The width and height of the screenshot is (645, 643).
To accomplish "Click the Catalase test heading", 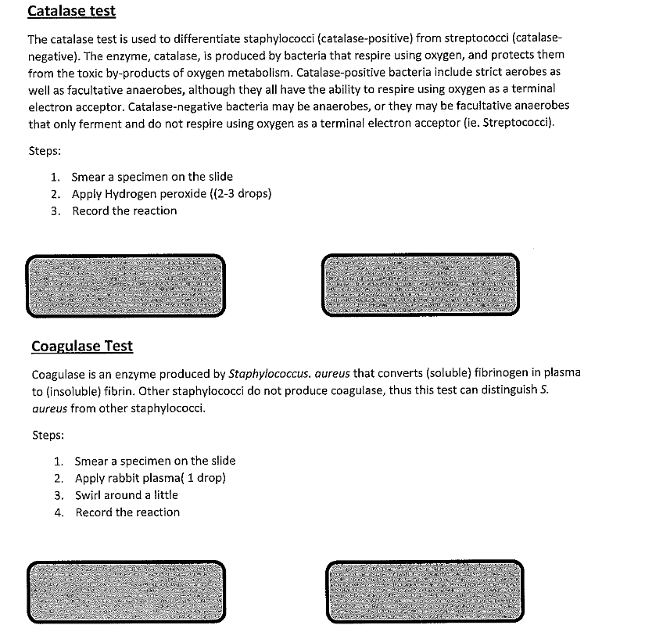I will coord(71,11).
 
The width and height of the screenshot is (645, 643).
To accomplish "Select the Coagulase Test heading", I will coord(82,346).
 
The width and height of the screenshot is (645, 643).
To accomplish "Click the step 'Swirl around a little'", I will coord(126,495).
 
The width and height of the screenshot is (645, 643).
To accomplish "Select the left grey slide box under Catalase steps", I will coord(125,286).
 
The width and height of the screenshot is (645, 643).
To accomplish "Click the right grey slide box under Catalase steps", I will coord(420,285).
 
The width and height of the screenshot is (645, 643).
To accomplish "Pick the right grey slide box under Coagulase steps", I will coord(425,591).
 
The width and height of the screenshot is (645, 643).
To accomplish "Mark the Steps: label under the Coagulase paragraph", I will coord(48,435).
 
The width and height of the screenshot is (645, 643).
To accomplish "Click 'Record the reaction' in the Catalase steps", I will coord(124,210).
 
